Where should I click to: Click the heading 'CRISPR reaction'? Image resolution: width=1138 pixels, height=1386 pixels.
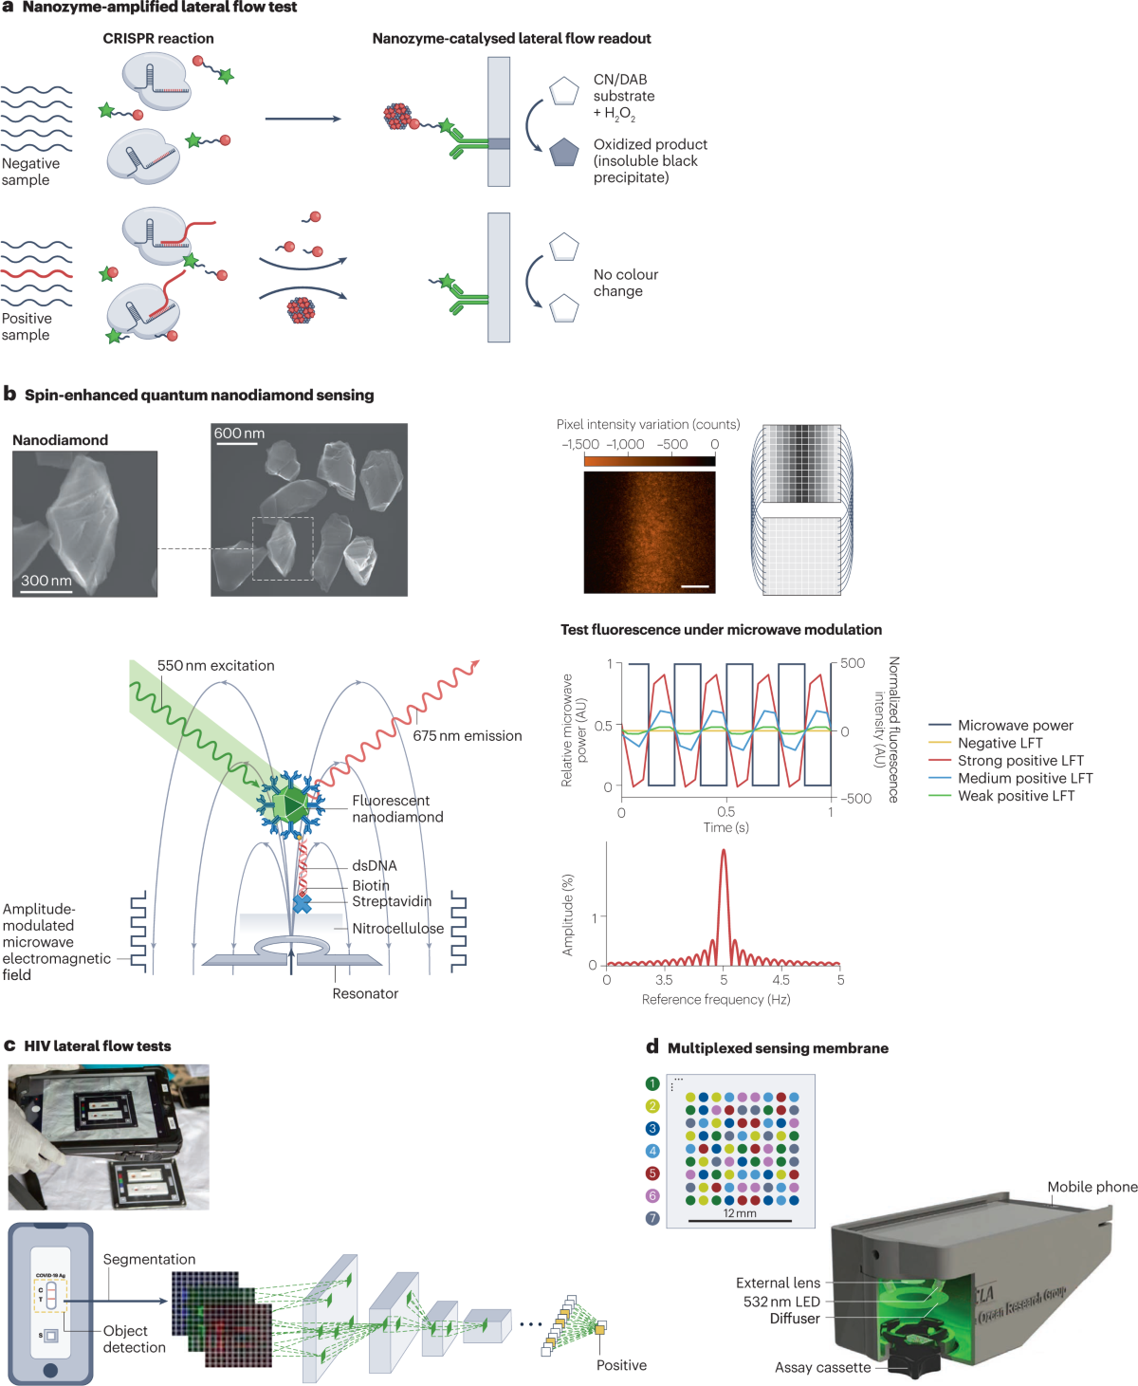(x=158, y=39)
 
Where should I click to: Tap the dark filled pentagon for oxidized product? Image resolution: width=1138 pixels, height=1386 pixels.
(x=564, y=152)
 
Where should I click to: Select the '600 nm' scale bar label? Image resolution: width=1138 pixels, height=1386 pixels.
(x=239, y=434)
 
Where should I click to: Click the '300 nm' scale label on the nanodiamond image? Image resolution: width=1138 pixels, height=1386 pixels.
(x=46, y=581)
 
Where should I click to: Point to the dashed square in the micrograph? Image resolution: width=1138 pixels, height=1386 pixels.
(x=283, y=548)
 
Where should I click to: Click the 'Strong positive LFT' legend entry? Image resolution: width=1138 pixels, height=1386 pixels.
(x=1020, y=761)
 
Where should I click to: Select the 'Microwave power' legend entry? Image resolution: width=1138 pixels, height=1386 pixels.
(x=1015, y=726)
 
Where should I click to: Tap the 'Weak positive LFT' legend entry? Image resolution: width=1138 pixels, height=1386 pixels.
(x=1016, y=796)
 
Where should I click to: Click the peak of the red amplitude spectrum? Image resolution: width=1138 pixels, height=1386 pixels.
(x=724, y=851)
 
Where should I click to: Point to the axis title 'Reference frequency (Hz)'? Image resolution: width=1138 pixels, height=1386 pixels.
(x=716, y=1000)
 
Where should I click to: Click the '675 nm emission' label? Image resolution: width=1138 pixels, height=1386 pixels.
(x=468, y=736)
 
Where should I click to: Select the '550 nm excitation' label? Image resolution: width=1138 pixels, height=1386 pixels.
(x=216, y=666)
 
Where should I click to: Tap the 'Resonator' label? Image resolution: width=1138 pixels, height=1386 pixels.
(x=365, y=994)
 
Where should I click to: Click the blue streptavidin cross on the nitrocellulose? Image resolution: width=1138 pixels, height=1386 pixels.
(x=303, y=903)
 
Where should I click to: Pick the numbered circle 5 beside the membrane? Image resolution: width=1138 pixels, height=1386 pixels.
(x=652, y=1173)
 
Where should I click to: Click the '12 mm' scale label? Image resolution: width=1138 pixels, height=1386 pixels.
(x=740, y=1213)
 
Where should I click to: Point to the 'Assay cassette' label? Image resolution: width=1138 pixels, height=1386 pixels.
(x=822, y=1368)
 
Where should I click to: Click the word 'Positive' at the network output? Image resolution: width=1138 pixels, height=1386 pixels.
(x=621, y=1366)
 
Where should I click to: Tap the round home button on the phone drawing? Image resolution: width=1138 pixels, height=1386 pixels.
(x=50, y=1370)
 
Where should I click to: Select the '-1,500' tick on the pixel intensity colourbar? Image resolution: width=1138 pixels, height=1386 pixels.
(x=580, y=445)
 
